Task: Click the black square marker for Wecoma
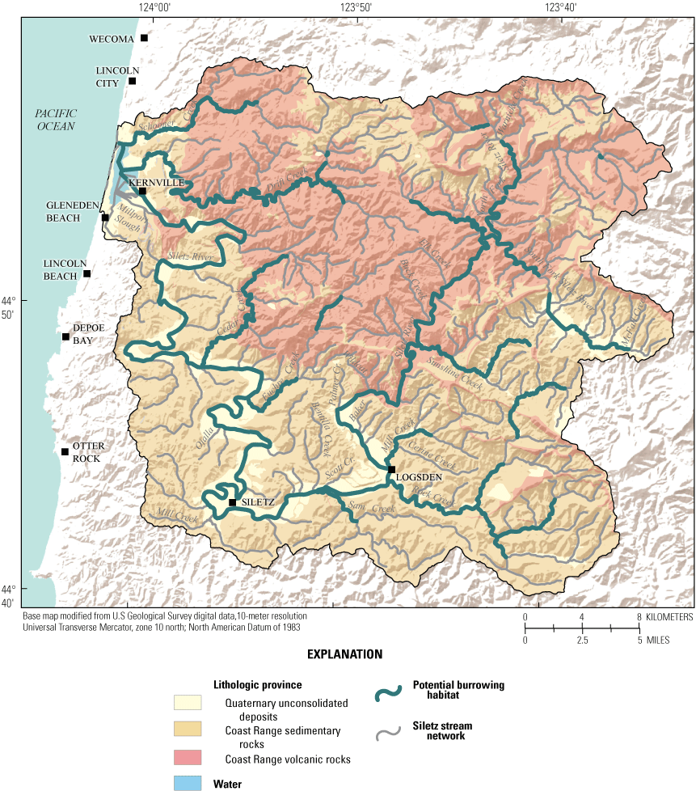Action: point(145,38)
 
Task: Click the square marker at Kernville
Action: point(142,192)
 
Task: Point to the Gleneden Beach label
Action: point(74,212)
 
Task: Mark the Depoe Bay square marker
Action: point(66,336)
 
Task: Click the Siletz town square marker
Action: point(232,502)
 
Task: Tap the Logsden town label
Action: point(419,477)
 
